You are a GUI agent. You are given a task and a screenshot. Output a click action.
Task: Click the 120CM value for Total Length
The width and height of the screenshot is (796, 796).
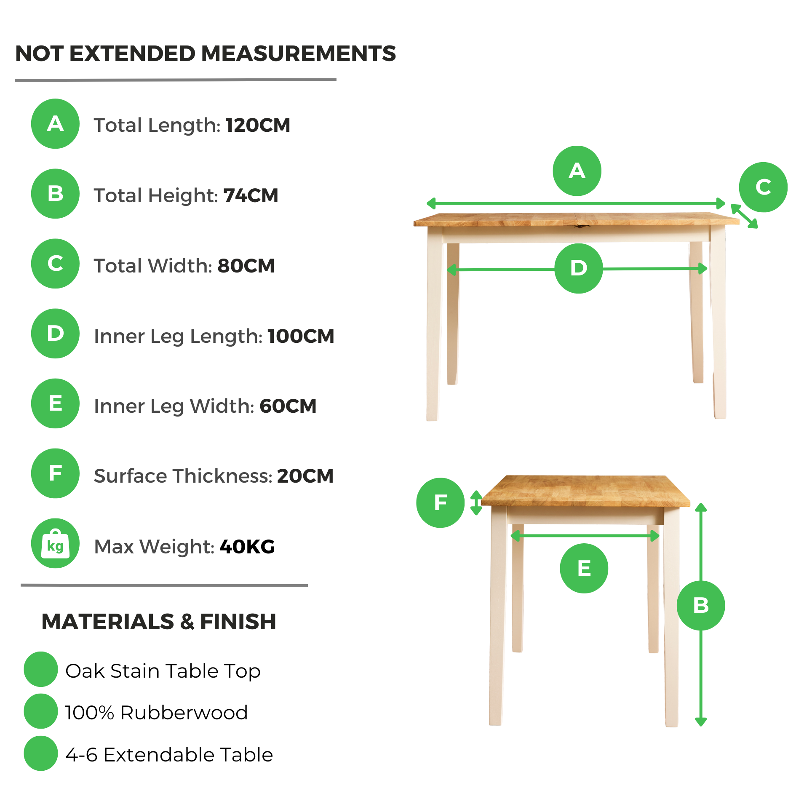tap(258, 125)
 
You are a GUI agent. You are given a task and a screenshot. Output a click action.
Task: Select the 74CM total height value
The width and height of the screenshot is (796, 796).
tap(251, 195)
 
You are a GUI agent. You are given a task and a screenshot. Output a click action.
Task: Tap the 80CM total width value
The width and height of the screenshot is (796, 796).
tap(246, 266)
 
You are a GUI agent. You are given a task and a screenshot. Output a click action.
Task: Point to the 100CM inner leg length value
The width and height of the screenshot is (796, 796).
tap(301, 336)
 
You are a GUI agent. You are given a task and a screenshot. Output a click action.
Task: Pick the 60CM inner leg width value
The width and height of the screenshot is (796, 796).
tap(288, 406)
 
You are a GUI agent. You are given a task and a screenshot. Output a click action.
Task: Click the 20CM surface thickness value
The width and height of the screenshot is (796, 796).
tap(305, 476)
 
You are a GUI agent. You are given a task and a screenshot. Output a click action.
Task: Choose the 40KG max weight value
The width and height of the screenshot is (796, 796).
tap(247, 547)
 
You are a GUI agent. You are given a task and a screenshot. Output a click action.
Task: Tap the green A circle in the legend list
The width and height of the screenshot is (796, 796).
tap(55, 124)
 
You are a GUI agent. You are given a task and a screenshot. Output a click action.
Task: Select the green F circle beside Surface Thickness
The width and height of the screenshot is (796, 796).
tap(55, 473)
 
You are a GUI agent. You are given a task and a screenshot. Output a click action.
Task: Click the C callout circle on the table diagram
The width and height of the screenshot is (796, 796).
tap(763, 187)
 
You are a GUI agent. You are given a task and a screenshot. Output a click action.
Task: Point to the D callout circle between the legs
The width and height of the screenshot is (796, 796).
tap(579, 268)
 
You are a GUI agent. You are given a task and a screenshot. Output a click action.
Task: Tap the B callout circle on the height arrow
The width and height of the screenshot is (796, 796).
tap(701, 605)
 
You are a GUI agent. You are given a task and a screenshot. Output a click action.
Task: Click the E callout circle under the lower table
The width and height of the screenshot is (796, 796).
tap(584, 568)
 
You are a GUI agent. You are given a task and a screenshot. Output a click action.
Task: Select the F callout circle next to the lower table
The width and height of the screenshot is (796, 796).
tap(441, 502)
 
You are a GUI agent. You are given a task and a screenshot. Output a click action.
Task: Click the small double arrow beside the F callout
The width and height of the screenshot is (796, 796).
tap(476, 502)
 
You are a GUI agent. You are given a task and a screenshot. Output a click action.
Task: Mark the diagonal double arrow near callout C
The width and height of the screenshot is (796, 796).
tap(744, 216)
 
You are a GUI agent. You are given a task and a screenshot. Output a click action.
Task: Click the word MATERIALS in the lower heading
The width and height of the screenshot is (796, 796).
tap(108, 622)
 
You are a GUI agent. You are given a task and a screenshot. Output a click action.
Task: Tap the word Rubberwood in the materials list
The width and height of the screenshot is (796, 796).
tap(184, 713)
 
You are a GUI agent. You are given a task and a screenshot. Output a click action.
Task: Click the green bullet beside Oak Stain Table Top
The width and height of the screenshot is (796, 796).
tap(41, 669)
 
